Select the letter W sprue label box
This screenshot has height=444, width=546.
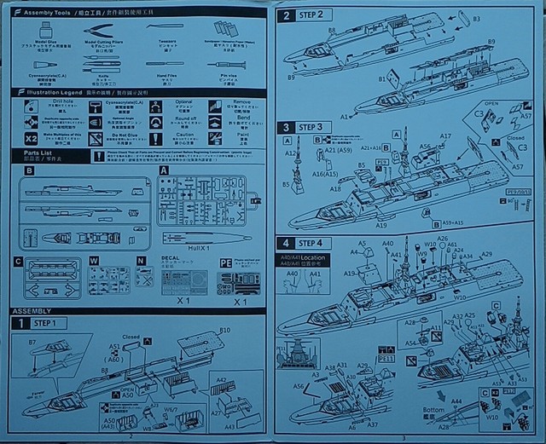tap(94, 260)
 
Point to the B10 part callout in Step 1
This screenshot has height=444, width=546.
tap(225, 330)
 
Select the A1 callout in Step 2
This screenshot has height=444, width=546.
tap(345, 114)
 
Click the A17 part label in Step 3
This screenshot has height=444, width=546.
tap(445, 136)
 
